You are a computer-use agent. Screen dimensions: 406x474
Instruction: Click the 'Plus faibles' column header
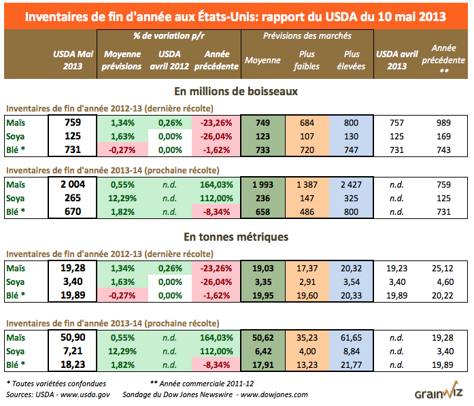307,61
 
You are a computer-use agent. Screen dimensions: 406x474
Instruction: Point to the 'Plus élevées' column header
351,61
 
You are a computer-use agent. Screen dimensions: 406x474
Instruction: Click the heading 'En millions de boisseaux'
236,90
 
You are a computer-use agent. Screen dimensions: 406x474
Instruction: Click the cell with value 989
444,122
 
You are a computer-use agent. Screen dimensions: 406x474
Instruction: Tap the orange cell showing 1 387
307,184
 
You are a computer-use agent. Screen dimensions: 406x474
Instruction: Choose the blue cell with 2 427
351,184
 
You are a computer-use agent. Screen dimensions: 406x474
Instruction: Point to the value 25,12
444,269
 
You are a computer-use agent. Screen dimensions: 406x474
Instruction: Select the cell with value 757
397,122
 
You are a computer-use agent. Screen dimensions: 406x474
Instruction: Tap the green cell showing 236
263,197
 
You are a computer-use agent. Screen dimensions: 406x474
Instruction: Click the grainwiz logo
439,394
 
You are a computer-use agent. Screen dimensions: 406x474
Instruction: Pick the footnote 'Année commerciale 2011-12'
214,383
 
